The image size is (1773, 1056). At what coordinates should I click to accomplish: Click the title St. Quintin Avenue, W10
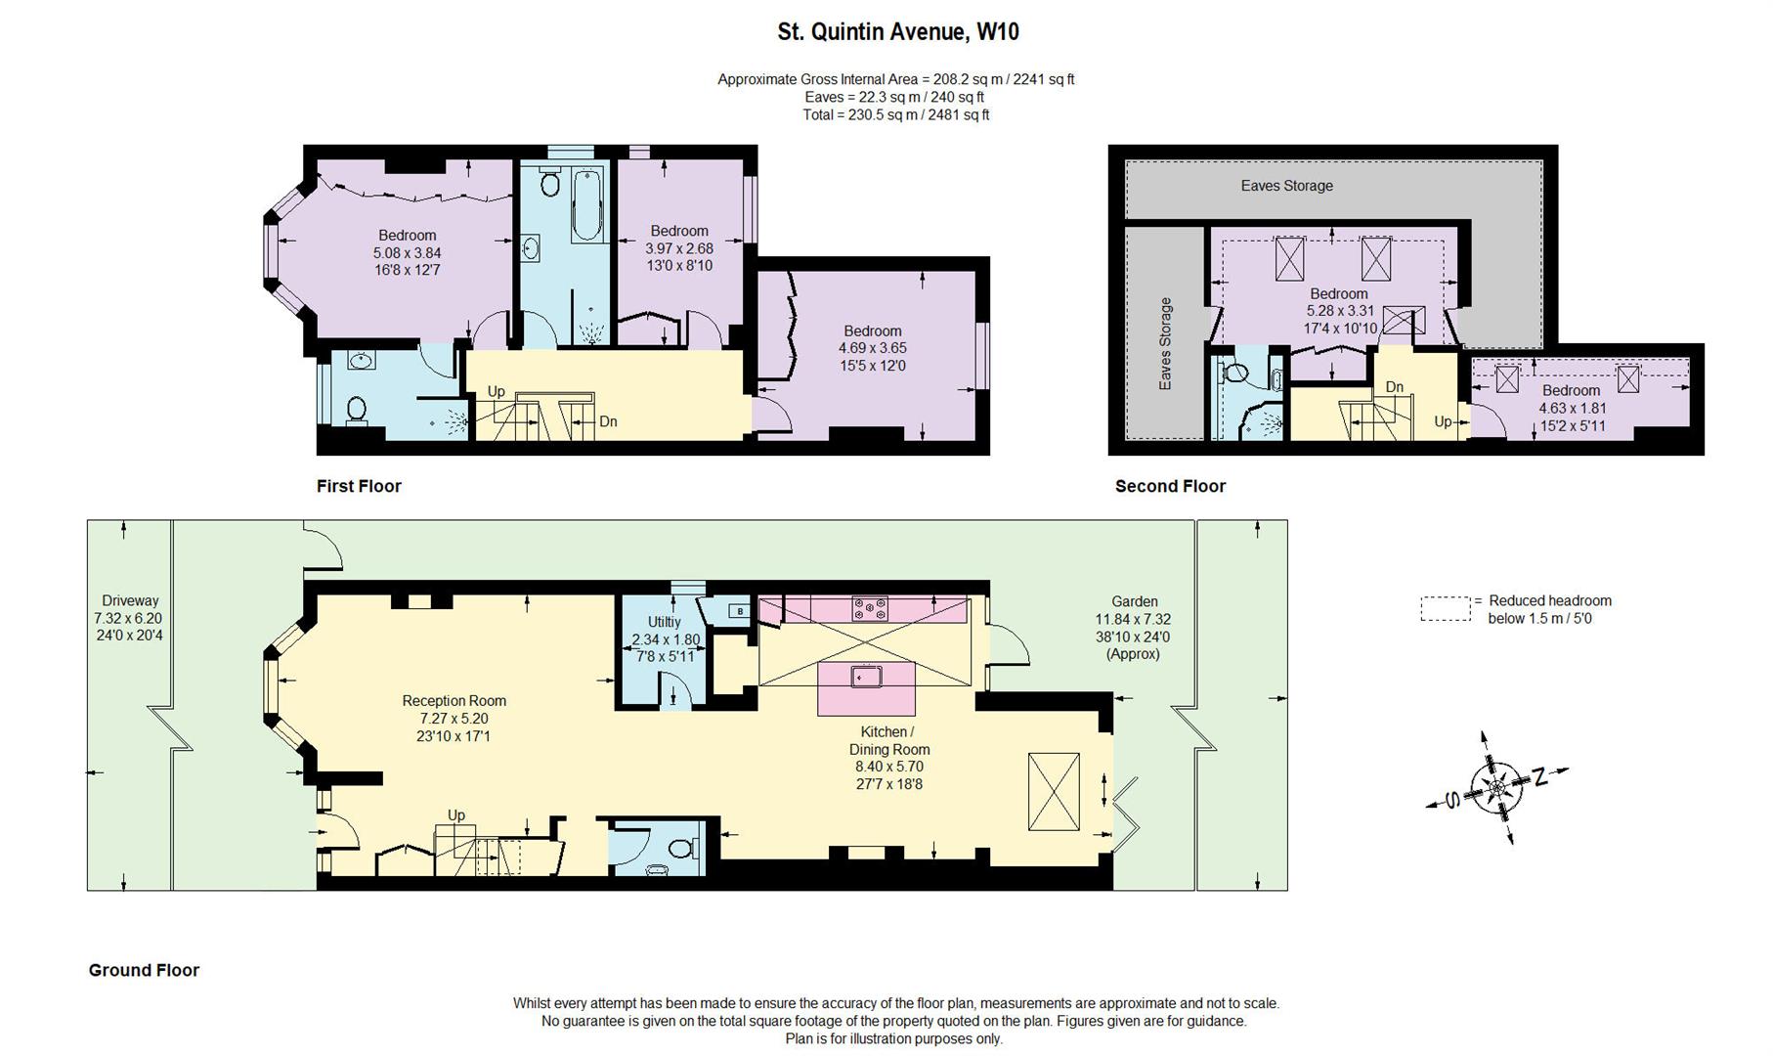click(x=897, y=32)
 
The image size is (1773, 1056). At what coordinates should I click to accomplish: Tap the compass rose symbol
click(x=1496, y=787)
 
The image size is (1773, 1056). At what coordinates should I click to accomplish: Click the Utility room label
click(x=664, y=622)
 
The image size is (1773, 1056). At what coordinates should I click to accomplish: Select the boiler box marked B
click(x=740, y=612)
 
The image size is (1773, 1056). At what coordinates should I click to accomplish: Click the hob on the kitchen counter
click(x=870, y=608)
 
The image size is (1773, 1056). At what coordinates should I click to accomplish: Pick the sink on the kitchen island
click(x=866, y=675)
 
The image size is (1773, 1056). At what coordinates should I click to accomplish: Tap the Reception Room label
click(x=454, y=701)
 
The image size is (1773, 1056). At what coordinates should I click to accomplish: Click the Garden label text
click(x=1134, y=602)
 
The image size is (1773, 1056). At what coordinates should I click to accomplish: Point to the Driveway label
click(x=129, y=601)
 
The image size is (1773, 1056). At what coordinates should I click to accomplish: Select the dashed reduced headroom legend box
click(x=1445, y=609)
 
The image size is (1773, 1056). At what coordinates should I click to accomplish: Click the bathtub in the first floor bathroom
click(x=586, y=204)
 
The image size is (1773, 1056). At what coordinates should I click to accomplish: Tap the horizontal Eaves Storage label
click(x=1286, y=186)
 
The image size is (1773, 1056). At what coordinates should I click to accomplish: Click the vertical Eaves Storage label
click(x=1165, y=344)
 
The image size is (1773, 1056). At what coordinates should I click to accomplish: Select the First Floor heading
click(x=359, y=486)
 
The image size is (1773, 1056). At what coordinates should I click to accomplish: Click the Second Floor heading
click(x=1170, y=486)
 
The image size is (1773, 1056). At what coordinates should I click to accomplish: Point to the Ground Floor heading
click(x=144, y=970)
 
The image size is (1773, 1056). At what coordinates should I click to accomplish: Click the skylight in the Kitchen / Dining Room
click(x=1054, y=792)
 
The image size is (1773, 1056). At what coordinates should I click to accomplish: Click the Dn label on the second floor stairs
click(x=1395, y=387)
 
